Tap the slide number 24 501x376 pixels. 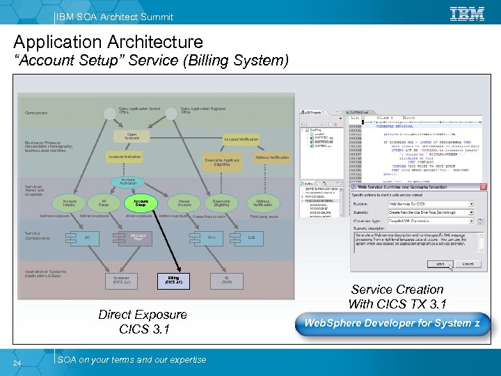tap(24, 361)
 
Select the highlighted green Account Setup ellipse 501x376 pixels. tap(141, 203)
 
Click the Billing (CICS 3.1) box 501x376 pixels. tap(174, 280)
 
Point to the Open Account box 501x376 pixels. tap(132, 136)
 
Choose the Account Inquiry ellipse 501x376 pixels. tap(70, 203)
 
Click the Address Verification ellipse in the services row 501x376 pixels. tap(262, 203)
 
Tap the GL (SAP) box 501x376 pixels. tap(228, 280)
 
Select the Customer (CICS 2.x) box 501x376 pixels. tap(121, 280)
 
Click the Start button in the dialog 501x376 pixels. tap(440, 264)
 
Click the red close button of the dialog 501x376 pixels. tap(482, 187)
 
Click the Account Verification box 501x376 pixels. tap(241, 139)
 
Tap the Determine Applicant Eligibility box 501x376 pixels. tap(222, 162)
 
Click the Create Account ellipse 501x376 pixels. tap(184, 203)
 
